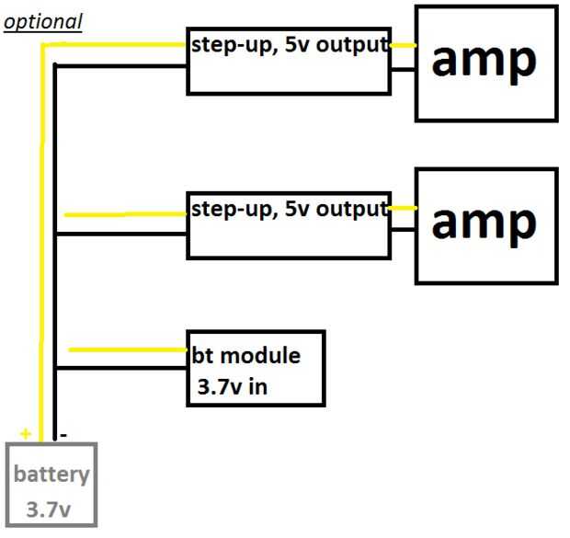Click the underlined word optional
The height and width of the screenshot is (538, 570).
tap(42, 20)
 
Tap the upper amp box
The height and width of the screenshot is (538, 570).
tap(485, 63)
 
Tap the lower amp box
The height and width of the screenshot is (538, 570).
tap(485, 225)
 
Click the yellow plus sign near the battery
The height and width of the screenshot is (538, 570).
tap(25, 433)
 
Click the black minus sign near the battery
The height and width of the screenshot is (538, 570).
tap(63, 432)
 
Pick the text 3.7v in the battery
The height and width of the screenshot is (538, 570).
tap(51, 509)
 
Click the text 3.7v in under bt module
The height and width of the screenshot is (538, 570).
tap(233, 386)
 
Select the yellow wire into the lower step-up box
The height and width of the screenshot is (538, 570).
tap(124, 215)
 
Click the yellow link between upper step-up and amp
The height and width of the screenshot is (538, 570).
tap(403, 44)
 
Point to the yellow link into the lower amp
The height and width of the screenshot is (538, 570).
tap(403, 209)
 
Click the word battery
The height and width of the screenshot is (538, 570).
tap(51, 475)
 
